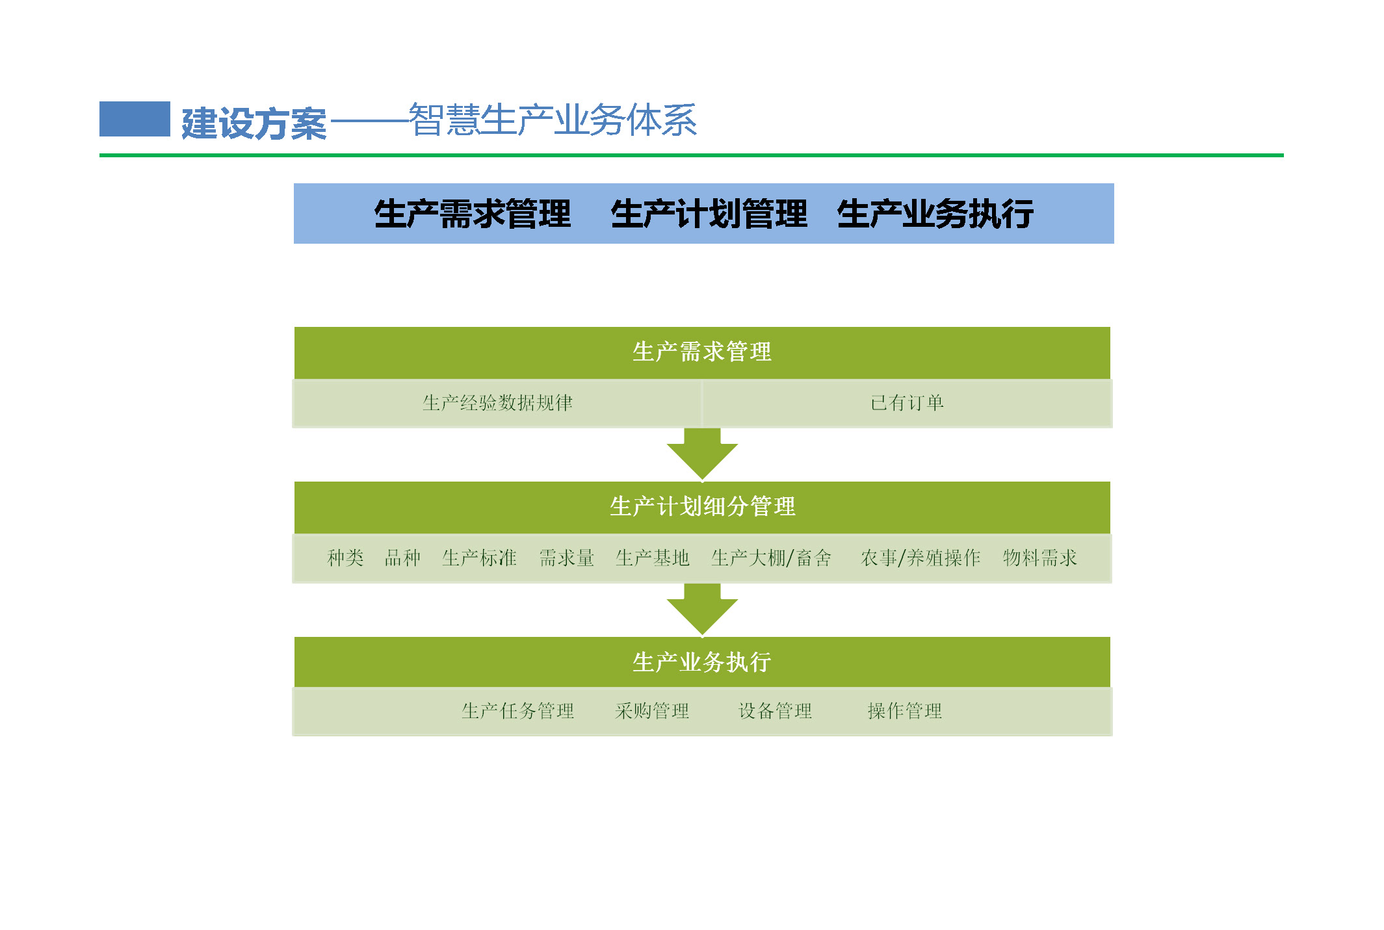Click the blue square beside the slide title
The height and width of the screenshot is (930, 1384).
[135, 119]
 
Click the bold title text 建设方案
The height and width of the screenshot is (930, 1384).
[254, 123]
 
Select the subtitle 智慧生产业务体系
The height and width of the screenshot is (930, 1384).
[553, 120]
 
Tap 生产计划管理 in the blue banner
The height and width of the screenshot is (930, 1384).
[709, 214]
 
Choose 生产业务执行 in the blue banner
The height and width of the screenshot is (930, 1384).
[935, 214]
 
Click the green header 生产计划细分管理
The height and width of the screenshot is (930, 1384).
[702, 507]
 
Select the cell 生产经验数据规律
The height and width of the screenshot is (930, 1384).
[497, 403]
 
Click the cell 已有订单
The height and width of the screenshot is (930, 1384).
[907, 403]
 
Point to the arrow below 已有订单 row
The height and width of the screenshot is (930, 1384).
[702, 454]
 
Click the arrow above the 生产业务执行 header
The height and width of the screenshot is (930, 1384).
[702, 610]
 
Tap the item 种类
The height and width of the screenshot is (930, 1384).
[345, 558]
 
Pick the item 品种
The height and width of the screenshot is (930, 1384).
[402, 558]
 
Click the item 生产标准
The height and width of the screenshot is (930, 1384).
[479, 558]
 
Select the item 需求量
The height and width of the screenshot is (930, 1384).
[567, 558]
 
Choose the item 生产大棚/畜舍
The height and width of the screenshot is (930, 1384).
[771, 558]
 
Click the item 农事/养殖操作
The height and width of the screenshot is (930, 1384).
[920, 558]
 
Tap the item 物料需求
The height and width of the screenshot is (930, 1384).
[1039, 558]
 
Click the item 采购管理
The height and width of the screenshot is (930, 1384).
[652, 711]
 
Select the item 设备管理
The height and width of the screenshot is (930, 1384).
[775, 711]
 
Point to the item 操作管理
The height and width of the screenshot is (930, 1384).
[904, 711]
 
